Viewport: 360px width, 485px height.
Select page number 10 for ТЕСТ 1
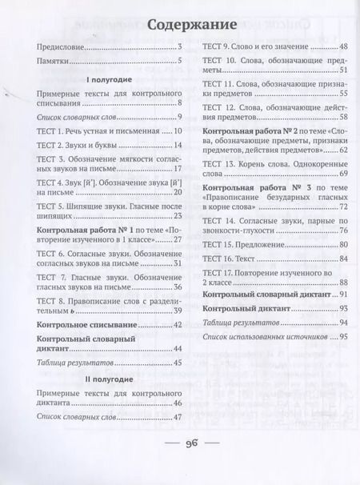[x=178, y=130]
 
